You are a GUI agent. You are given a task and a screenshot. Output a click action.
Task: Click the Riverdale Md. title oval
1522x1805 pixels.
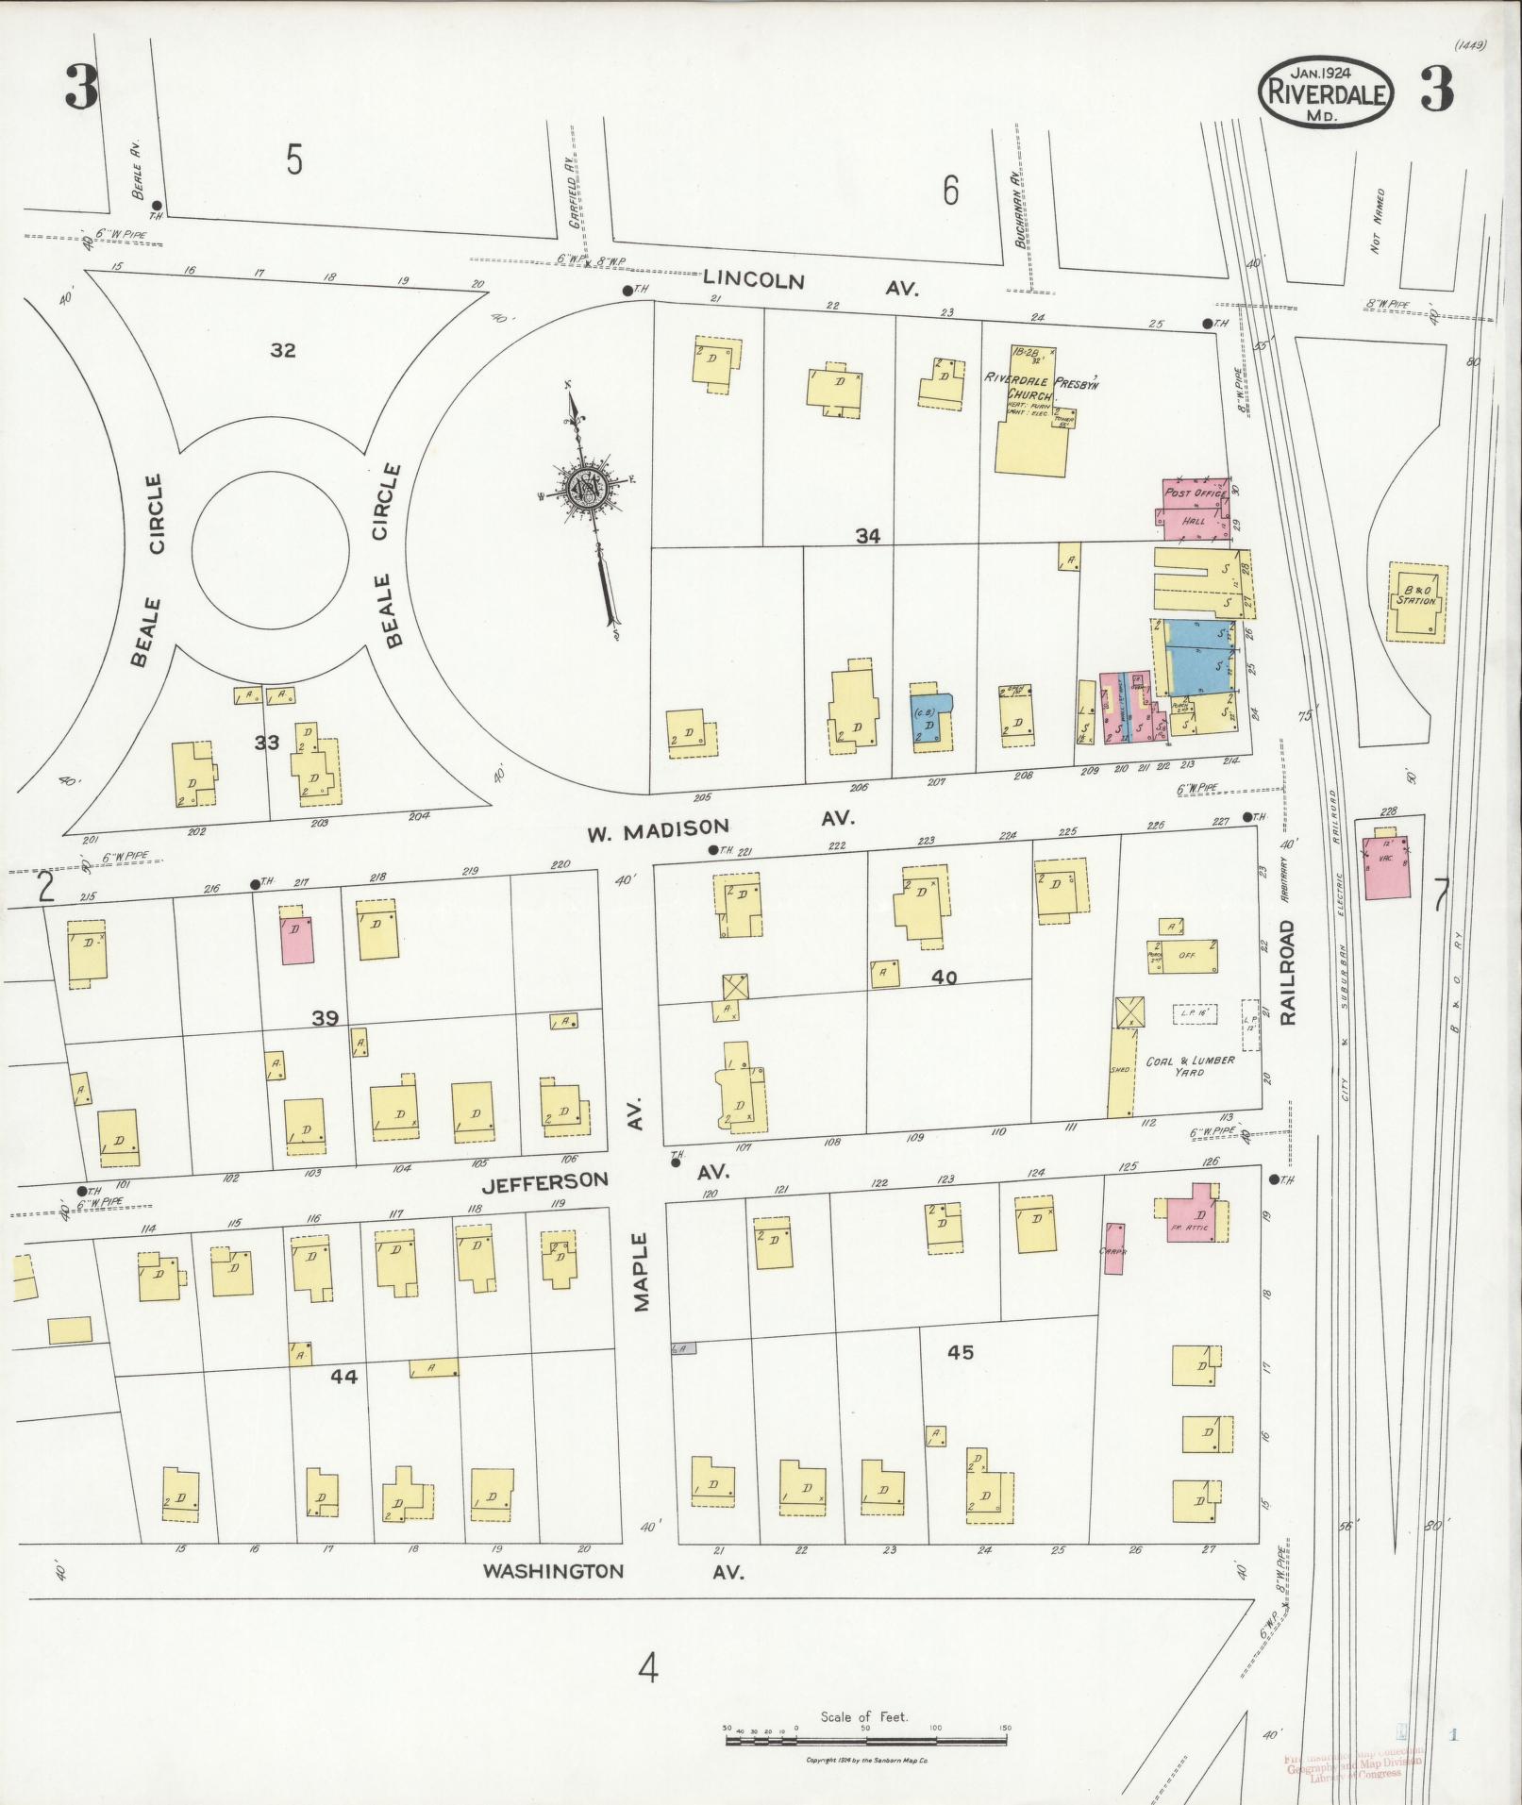point(1326,92)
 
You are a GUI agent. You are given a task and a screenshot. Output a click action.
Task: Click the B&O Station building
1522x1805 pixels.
point(1416,601)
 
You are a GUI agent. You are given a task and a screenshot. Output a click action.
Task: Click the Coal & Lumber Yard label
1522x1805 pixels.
point(1190,1065)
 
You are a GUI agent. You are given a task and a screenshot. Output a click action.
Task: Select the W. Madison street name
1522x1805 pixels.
point(658,830)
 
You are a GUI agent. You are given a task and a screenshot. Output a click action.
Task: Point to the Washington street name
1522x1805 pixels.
point(553,1571)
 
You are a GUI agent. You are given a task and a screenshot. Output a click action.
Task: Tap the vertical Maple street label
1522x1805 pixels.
point(642,1271)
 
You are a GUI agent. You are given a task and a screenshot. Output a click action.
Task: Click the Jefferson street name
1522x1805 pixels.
point(544,1180)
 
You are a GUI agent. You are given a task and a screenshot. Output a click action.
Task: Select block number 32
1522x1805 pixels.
point(282,350)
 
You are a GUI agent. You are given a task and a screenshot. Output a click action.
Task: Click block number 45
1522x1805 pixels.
point(960,1352)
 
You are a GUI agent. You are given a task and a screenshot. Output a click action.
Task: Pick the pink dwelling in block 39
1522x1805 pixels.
point(298,937)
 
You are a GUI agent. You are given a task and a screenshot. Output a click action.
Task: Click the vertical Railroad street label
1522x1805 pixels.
point(1289,971)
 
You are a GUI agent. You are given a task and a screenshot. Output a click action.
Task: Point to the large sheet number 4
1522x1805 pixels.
point(647,1669)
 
